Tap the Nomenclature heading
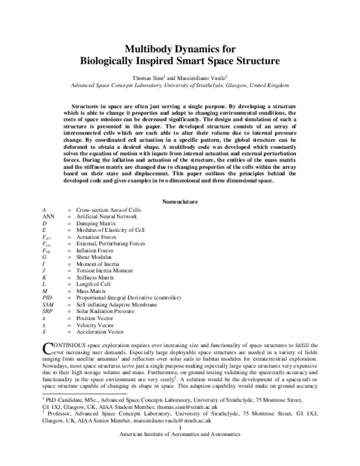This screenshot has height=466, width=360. (181, 202)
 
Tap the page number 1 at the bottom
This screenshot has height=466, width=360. (181, 445)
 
